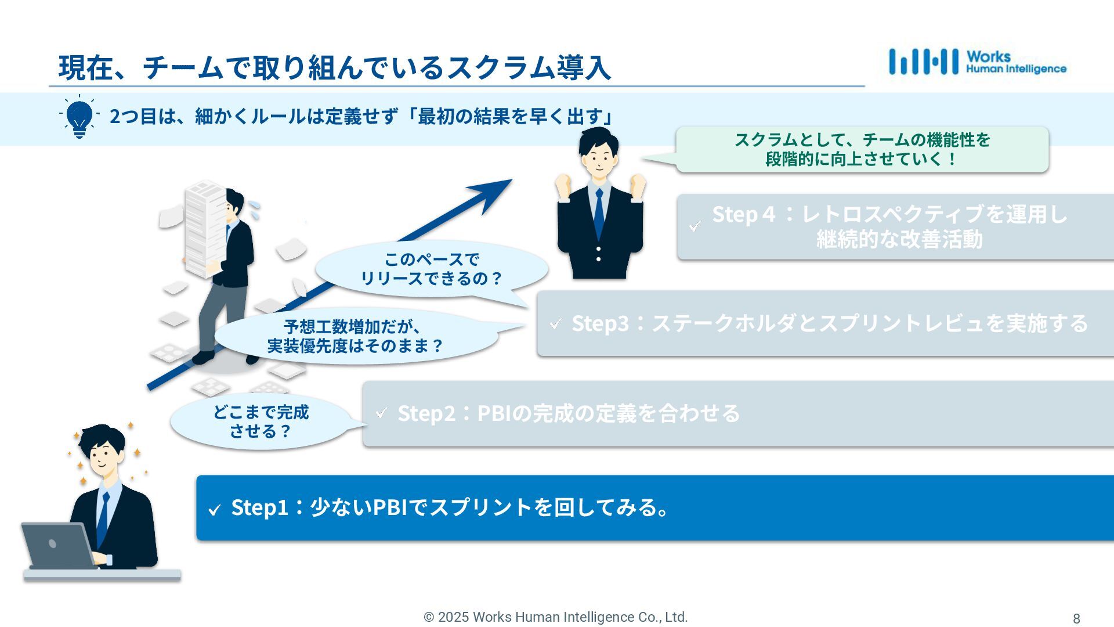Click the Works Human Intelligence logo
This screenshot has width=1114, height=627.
point(977,62)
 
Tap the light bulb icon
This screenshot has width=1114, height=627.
point(79,117)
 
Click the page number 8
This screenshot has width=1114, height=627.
point(1076,618)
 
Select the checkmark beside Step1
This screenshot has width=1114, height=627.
point(215,510)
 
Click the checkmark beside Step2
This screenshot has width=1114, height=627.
point(381,413)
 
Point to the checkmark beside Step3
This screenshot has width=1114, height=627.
point(555,323)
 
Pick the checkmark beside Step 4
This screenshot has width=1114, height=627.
point(695,226)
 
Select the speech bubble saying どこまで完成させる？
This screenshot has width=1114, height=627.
point(261,421)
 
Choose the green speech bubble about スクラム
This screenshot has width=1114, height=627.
point(862,149)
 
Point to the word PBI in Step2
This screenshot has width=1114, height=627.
point(495,413)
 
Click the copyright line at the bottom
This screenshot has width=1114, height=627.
point(555,617)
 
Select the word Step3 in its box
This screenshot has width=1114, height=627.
point(600,323)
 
